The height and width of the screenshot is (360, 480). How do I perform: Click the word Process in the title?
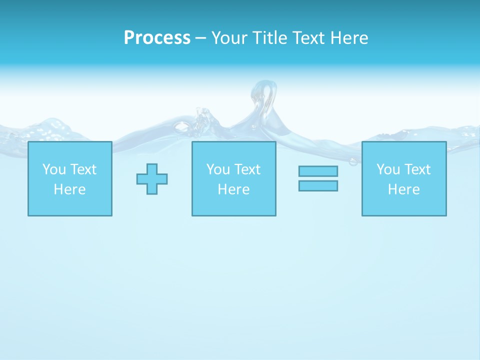click(x=157, y=38)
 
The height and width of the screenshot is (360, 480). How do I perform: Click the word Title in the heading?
click(x=269, y=38)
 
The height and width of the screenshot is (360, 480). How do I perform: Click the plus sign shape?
click(x=152, y=179)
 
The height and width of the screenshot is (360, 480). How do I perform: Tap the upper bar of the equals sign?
click(x=318, y=171)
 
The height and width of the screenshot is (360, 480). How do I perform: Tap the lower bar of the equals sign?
click(x=318, y=185)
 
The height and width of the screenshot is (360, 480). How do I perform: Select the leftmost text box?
click(x=70, y=178)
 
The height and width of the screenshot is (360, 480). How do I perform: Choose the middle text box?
click(x=233, y=178)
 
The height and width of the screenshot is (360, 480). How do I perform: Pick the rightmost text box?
click(x=404, y=178)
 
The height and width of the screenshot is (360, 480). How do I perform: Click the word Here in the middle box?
click(x=233, y=189)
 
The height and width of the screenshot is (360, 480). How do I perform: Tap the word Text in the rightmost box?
click(x=418, y=169)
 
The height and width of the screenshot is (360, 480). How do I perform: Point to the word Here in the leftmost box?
click(x=70, y=189)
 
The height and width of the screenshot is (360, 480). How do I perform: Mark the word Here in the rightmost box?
click(x=404, y=189)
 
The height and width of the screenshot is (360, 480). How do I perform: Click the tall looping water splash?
click(x=264, y=100)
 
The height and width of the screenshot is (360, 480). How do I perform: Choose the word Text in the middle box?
click(x=247, y=169)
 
